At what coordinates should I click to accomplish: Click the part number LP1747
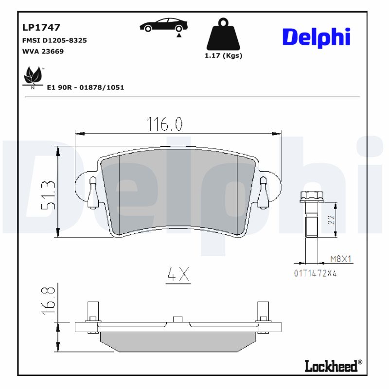click(41, 28)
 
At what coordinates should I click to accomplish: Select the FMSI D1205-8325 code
click(54, 40)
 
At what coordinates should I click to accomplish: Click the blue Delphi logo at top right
click(316, 36)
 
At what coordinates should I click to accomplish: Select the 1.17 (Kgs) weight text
click(223, 55)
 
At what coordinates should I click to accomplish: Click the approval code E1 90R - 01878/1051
click(86, 88)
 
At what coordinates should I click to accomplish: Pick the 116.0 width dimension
click(165, 124)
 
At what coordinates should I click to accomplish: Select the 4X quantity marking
click(177, 275)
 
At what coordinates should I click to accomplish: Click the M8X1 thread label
click(340, 259)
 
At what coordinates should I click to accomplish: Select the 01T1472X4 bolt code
click(315, 273)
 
